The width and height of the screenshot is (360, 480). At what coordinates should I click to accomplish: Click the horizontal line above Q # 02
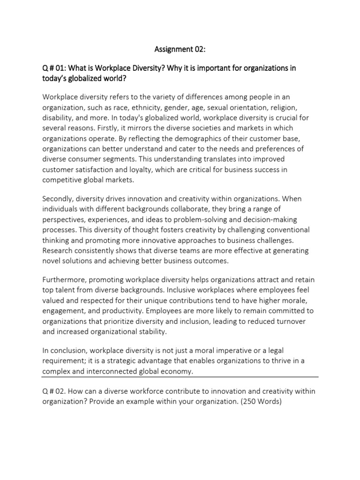[180, 376]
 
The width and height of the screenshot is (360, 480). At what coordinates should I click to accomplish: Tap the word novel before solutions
[52, 261]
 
